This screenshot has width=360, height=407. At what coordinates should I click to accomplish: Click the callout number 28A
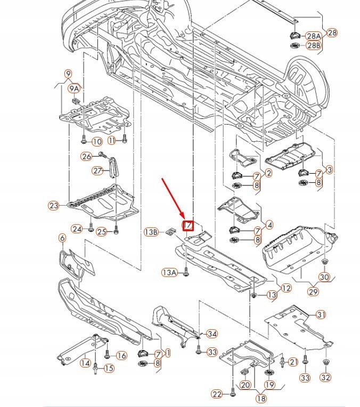[314, 36]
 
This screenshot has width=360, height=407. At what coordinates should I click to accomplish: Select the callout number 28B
[314, 46]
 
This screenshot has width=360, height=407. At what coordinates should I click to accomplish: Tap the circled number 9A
[73, 88]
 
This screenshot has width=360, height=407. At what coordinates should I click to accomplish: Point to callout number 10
[96, 142]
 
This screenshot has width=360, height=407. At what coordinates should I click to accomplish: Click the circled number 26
[86, 156]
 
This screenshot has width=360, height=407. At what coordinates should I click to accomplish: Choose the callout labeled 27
[97, 170]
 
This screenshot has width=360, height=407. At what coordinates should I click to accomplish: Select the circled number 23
[54, 206]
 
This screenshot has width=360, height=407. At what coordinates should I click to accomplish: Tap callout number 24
[77, 229]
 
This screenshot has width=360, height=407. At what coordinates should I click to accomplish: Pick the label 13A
[169, 272]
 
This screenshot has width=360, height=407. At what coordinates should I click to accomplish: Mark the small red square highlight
[188, 226]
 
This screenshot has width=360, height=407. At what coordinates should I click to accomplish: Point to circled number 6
[62, 238]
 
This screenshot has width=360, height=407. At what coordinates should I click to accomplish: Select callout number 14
[85, 363]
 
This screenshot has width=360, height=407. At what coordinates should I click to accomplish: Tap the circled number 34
[212, 334]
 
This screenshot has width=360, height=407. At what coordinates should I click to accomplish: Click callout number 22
[216, 394]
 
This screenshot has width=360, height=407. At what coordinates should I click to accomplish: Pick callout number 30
[325, 277]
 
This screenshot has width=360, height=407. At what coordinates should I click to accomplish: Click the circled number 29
[313, 292]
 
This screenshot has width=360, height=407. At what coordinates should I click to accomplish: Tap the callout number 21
[292, 362]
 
